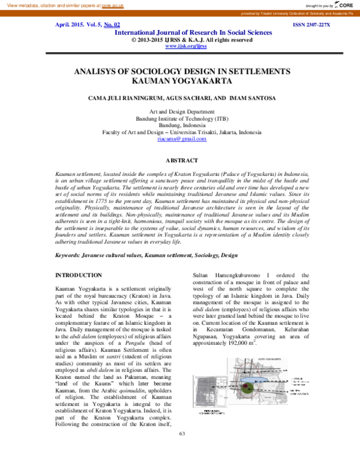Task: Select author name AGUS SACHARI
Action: click(x=182, y=97)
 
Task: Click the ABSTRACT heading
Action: click(x=181, y=160)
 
